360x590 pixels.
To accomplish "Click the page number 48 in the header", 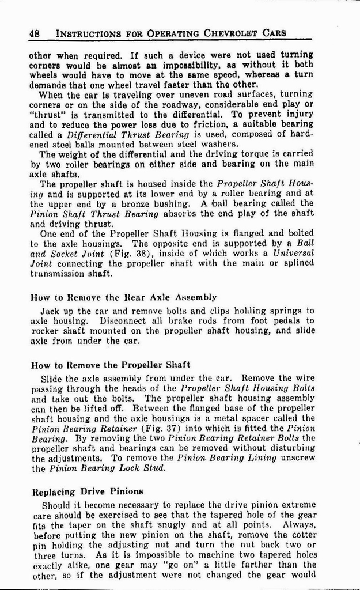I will coord(34,33).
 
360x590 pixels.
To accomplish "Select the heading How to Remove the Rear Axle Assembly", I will coord(123,297).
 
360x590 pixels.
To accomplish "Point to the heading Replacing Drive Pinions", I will coord(88,491).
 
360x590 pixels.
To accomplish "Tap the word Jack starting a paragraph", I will coord(51,310).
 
